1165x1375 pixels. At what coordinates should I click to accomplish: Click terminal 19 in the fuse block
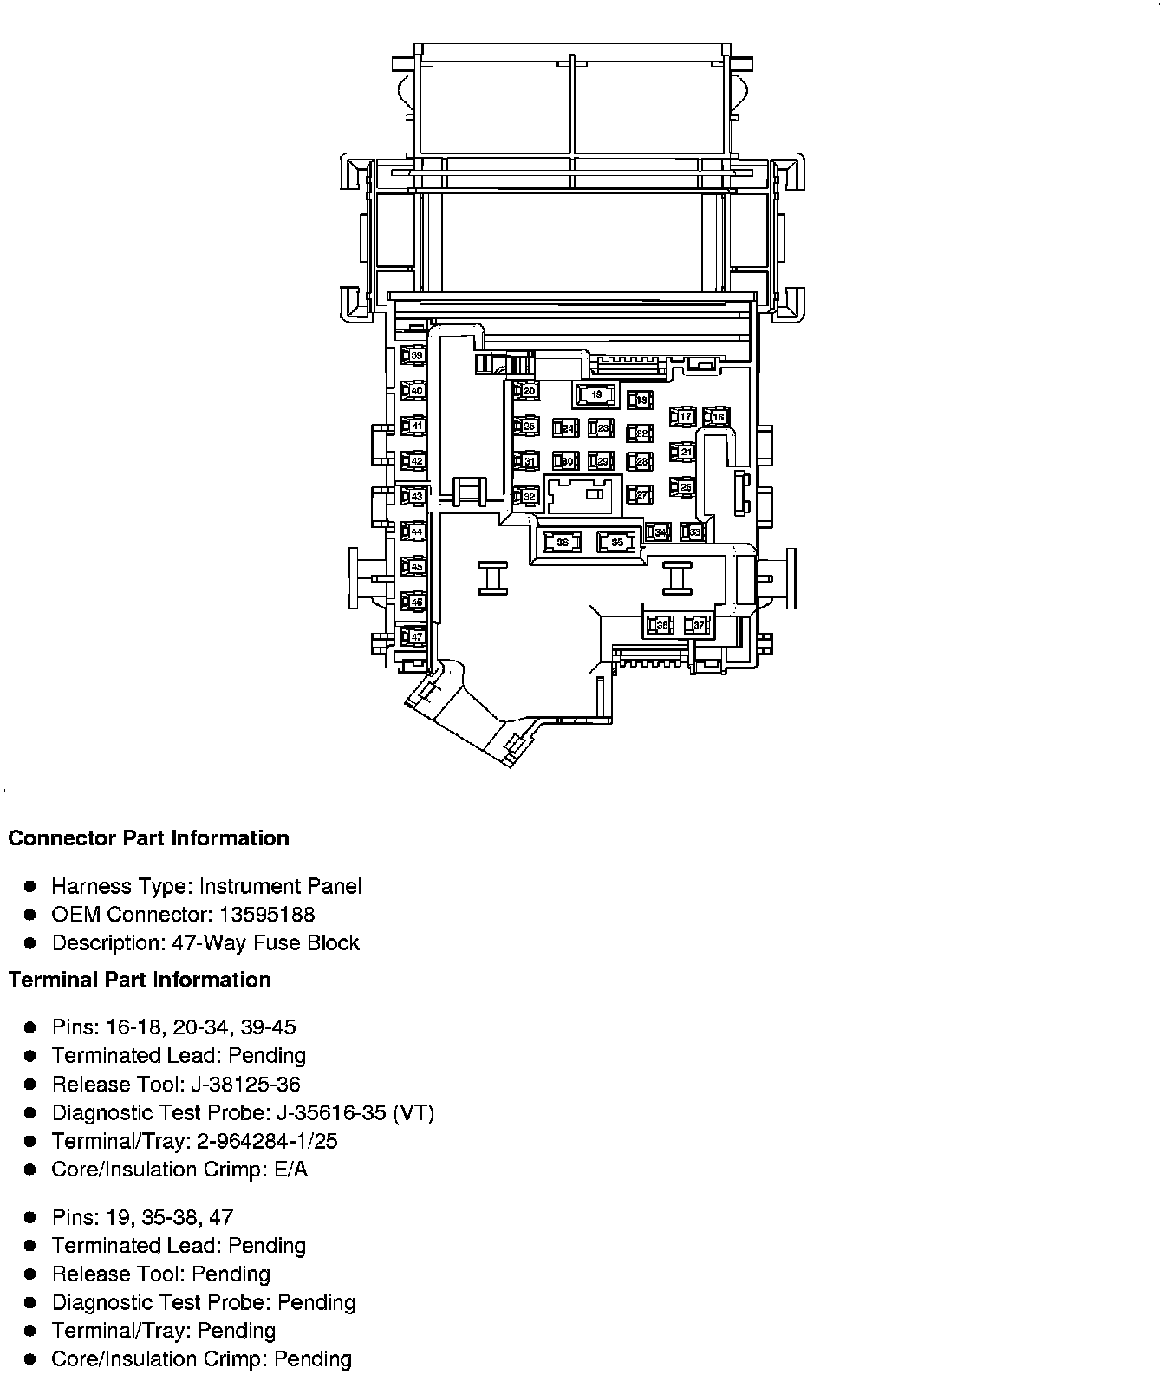coord(596,395)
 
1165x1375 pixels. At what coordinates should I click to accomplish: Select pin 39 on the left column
coord(413,355)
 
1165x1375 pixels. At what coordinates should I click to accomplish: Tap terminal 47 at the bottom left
coord(413,637)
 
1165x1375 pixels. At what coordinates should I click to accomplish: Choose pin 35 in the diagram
coord(616,543)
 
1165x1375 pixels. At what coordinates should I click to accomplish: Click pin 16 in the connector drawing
coord(716,417)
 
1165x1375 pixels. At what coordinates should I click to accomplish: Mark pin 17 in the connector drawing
coord(683,417)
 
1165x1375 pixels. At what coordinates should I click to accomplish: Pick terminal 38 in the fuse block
coord(660,624)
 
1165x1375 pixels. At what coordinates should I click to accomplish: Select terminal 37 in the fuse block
coord(697,624)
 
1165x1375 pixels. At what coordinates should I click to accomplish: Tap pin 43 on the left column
coord(413,496)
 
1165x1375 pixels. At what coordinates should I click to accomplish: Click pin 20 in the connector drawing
coord(526,391)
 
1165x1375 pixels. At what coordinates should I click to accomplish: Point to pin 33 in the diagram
coord(693,531)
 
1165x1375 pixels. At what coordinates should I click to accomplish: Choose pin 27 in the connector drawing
coord(640,495)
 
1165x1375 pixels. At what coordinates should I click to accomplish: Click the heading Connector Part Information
coord(148,838)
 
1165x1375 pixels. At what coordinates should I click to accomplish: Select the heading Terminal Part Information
coord(140,980)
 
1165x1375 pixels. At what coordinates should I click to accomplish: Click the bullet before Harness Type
coord(30,887)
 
